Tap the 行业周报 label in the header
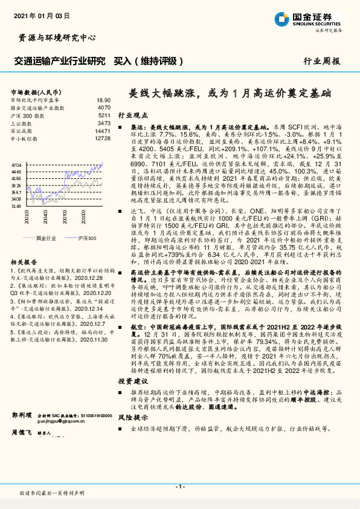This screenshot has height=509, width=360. [x=321, y=61]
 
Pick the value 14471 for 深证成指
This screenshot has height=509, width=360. [x=103, y=131]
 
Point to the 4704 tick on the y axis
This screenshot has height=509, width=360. [x=16, y=164]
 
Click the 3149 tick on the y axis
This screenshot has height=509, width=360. [x=16, y=206]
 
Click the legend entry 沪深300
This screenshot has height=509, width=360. [x=87, y=239]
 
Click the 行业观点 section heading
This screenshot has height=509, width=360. [x=132, y=114]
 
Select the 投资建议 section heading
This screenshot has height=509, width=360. [x=132, y=381]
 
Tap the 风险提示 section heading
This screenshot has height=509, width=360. [x=132, y=417]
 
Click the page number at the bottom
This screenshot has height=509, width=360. [x=179, y=487]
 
